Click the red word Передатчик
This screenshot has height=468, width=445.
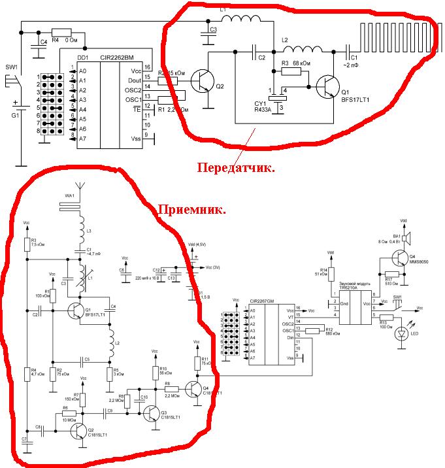[236, 167]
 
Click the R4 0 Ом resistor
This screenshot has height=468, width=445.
[61, 32]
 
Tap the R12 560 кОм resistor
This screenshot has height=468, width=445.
[313, 330]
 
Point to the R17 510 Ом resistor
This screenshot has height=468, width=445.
[391, 274]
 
